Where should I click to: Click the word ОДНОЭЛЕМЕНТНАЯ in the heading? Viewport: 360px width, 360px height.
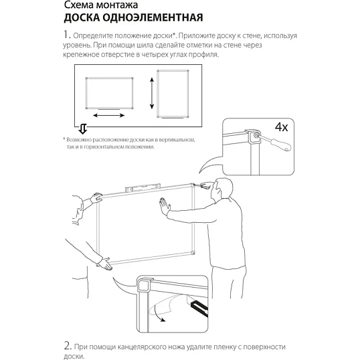(x=153, y=17)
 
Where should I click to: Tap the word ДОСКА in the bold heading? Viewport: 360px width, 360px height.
(x=81, y=18)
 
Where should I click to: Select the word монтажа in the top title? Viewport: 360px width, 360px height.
(x=116, y=5)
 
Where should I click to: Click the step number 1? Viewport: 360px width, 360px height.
(x=66, y=35)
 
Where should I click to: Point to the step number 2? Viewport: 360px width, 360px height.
(x=68, y=346)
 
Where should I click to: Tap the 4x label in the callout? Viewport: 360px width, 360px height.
(x=281, y=126)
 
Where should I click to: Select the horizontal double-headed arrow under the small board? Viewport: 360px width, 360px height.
(x=109, y=115)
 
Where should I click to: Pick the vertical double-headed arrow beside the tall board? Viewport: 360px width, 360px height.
(x=152, y=93)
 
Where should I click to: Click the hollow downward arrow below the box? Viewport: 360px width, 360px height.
(x=83, y=129)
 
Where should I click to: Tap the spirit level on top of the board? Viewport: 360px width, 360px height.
(x=143, y=187)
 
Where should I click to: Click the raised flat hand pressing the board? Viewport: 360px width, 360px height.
(x=165, y=205)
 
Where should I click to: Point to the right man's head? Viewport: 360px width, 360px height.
(x=221, y=189)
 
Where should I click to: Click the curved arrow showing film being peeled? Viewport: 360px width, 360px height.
(x=159, y=312)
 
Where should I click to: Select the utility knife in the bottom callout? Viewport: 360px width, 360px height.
(x=199, y=307)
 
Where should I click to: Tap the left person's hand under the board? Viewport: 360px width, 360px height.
(x=104, y=264)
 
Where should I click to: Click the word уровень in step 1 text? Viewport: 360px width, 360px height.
(x=76, y=46)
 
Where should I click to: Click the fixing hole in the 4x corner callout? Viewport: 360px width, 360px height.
(x=256, y=136)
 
